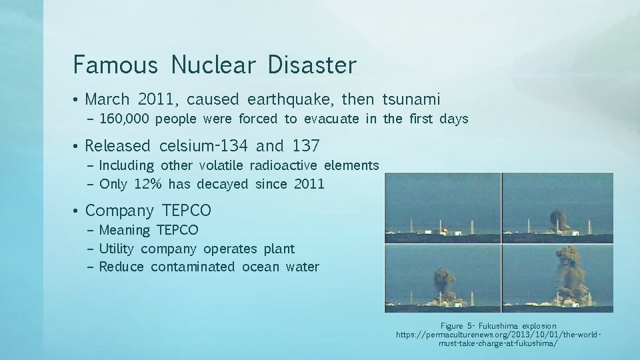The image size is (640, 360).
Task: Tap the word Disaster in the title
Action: [312, 65]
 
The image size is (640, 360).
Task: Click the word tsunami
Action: [411, 100]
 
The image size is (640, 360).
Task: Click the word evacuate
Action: [331, 119]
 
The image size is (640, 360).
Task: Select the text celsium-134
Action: [204, 146]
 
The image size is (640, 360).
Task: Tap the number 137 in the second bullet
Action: [306, 146]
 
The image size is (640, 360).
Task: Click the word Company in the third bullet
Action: [119, 211]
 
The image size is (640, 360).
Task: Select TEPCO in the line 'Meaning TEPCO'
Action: [177, 230]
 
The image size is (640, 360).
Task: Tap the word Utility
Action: [116, 249]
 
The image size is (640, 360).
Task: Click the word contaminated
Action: [193, 267]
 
